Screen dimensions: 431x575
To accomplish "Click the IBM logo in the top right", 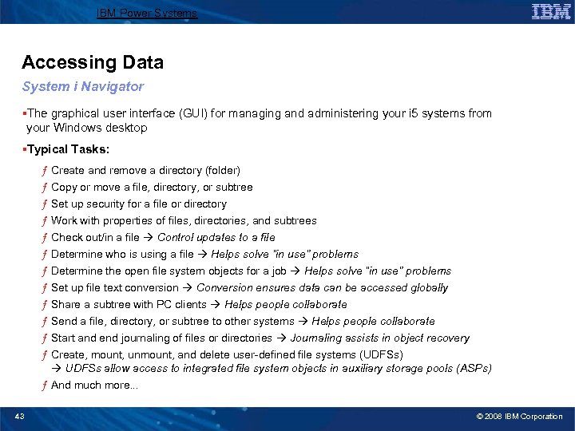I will [x=551, y=12].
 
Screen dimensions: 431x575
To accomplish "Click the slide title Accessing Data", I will [x=93, y=62].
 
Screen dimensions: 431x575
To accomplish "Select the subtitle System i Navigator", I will [x=83, y=86].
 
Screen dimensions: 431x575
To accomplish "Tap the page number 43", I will [x=19, y=416].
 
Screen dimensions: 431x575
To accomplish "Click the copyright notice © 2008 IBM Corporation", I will [x=519, y=416].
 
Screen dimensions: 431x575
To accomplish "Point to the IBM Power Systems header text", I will [x=146, y=13].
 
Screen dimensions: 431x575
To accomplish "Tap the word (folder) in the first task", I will [x=223, y=170].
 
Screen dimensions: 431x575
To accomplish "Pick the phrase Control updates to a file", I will [x=216, y=237].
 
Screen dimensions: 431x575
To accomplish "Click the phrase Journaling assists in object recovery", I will [x=379, y=338].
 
